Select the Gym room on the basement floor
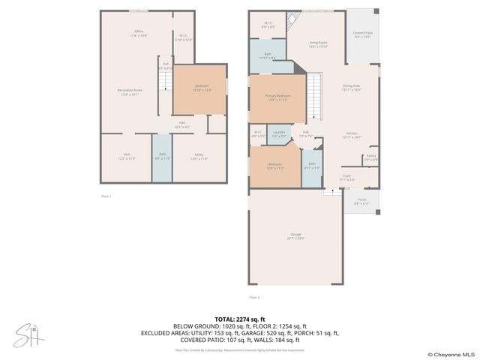(127, 157)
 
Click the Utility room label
(199, 157)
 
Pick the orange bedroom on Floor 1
(200, 88)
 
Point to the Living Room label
(319, 44)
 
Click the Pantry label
(370, 158)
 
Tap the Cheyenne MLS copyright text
(452, 354)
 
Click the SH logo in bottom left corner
(28, 336)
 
